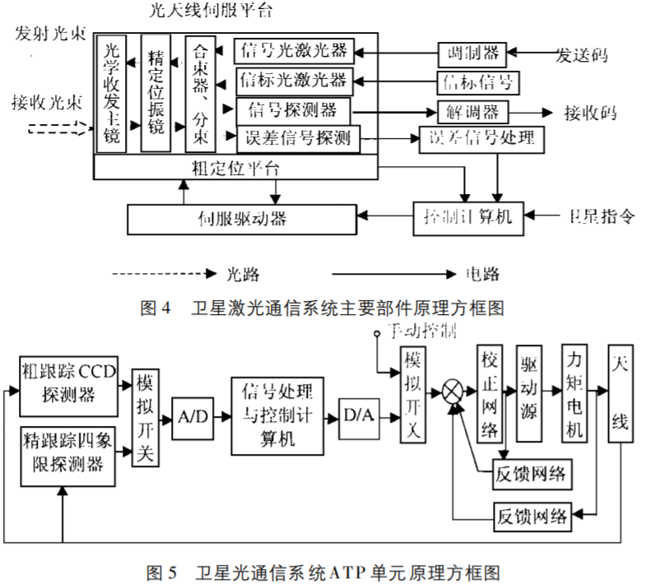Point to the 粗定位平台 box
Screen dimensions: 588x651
point(235,168)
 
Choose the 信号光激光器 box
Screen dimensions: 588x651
point(295,51)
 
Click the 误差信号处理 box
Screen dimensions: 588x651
point(481,138)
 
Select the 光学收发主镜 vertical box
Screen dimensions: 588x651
point(112,94)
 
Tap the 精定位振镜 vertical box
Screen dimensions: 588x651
point(156,94)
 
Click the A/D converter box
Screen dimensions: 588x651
point(192,417)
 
